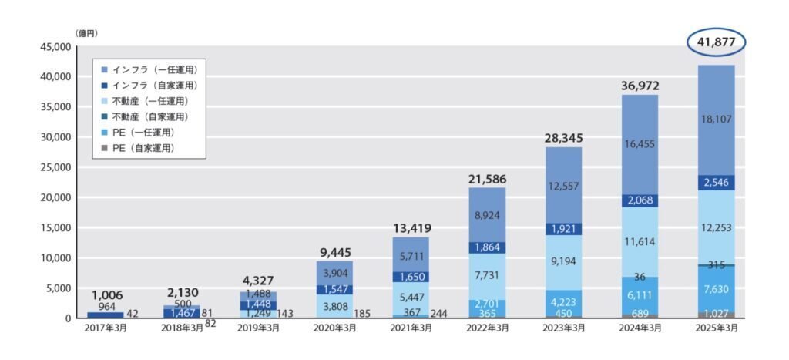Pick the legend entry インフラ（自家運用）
[149, 85]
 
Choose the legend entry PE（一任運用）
[143, 132]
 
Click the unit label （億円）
[86, 34]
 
